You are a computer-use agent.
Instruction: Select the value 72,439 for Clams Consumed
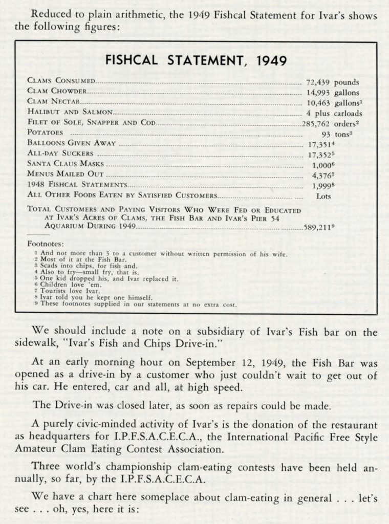318,82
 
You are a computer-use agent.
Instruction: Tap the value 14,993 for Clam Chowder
318,93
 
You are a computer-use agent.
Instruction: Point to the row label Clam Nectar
53,102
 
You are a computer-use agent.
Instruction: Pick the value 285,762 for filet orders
316,123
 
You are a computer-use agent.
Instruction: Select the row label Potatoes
47,133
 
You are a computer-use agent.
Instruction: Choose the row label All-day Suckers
60,154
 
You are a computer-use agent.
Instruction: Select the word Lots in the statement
323,196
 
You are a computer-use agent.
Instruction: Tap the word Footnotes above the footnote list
46,244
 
